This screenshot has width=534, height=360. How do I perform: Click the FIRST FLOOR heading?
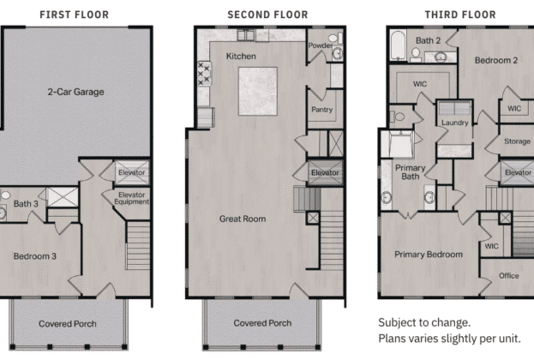[75, 15]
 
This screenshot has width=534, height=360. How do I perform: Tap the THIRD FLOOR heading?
[460, 15]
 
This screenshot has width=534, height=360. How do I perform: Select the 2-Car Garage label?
[75, 92]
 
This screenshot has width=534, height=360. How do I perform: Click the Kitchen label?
[241, 57]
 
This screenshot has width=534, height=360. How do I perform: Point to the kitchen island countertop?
[258, 91]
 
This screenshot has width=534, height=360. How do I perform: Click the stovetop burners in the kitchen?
[204, 73]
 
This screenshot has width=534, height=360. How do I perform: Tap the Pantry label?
[321, 110]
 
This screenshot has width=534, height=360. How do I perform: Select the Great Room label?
[243, 219]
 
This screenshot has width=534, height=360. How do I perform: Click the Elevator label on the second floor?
[325, 172]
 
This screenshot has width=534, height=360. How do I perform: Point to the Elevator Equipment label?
[131, 198]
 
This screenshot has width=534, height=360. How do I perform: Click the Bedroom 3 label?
[35, 256]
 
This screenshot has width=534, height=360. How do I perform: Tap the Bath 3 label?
[26, 204]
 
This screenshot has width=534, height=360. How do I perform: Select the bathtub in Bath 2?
[398, 45]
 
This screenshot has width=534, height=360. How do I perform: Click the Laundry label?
[454, 123]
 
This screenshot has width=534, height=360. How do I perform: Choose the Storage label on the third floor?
[517, 141]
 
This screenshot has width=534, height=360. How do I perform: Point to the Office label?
[509, 275]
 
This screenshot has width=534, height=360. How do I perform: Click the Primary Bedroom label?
[429, 255]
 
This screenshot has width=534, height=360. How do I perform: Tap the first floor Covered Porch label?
[68, 323]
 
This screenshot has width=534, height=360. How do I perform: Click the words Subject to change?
[424, 322]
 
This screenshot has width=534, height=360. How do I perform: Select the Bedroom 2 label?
[496, 60]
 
